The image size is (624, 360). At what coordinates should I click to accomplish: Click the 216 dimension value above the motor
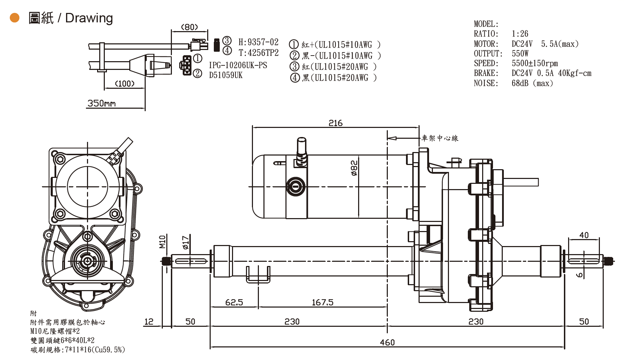[335, 123]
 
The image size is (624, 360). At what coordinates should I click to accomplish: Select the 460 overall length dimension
[387, 343]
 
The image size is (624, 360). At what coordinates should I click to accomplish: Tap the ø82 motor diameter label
[354, 168]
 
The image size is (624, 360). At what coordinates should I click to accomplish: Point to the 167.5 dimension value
[322, 302]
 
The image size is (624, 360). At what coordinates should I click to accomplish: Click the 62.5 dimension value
[234, 302]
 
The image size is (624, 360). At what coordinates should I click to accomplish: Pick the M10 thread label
[162, 242]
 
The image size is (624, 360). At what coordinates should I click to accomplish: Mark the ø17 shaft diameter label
[186, 243]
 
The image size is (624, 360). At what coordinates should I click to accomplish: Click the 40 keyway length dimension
[584, 235]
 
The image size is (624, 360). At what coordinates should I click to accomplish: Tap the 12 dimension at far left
[149, 322]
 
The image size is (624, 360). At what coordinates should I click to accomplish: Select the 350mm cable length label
[101, 103]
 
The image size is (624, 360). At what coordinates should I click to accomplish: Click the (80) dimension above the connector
[189, 27]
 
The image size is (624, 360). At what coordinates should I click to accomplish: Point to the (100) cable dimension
[125, 84]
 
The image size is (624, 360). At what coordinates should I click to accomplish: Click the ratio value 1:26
[520, 34]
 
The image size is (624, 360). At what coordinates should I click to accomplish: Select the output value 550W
[520, 53]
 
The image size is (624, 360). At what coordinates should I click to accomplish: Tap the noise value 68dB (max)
[532, 83]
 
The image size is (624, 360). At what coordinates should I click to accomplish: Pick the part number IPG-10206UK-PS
[238, 65]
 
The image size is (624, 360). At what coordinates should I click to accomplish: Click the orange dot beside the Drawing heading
[15, 18]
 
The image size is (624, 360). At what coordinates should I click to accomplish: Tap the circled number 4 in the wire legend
[295, 78]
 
